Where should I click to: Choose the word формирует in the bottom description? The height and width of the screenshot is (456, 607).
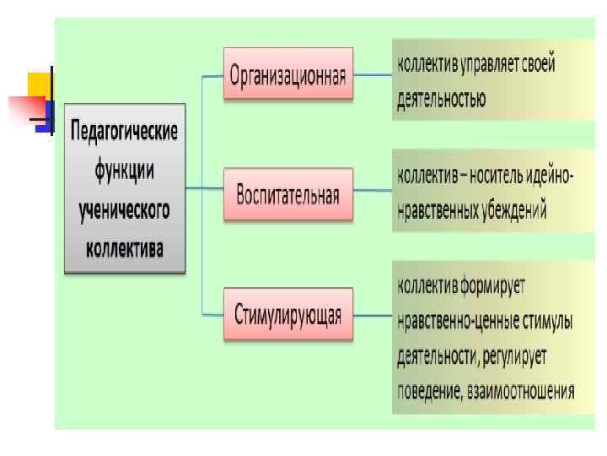pyautogui.click(x=492, y=285)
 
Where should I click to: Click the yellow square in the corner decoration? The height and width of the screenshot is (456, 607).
pyautogui.click(x=39, y=84)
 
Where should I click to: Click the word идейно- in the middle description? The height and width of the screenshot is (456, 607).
pyautogui.click(x=551, y=176)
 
